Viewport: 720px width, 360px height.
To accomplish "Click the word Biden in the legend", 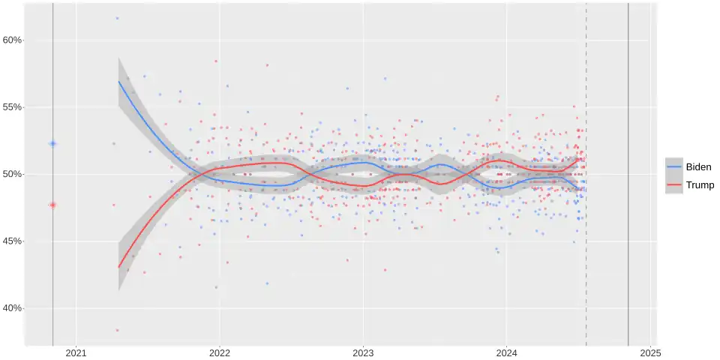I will coord(699,167).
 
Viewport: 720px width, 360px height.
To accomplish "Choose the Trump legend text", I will coord(700,184).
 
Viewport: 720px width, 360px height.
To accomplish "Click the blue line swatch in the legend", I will coord(674,167).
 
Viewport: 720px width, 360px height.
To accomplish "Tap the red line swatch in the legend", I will coord(674,184).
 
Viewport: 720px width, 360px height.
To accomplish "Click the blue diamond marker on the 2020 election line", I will coord(52,143).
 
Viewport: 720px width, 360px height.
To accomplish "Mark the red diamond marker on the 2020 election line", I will coord(52,205).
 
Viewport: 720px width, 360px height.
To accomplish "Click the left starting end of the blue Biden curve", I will coord(118,82).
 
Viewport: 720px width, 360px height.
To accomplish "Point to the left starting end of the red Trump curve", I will coord(118,267).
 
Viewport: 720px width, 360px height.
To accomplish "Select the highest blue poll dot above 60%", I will coord(117,18).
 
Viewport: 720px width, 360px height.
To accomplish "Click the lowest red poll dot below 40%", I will coord(117,330).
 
